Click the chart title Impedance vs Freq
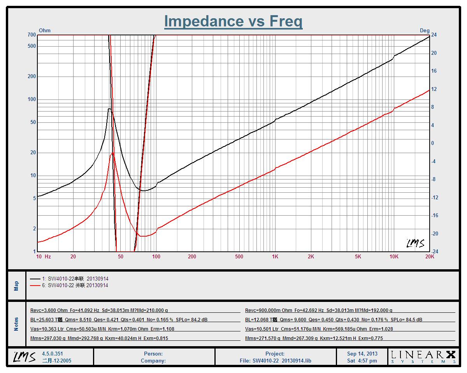(233, 21)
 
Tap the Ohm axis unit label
(45, 30)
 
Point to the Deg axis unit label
(425, 30)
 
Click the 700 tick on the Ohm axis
(32, 35)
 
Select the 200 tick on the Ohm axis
(32, 77)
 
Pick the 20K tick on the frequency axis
(430, 256)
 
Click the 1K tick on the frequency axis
(275, 256)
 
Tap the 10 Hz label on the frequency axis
(43, 256)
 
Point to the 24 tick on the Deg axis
(434, 35)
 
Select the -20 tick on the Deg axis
(435, 234)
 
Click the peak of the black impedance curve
(109, 109)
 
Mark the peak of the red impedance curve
(112, 153)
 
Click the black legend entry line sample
(35, 279)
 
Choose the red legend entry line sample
(35, 285)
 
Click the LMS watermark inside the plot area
(415, 244)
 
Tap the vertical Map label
(16, 286)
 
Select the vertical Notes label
(16, 324)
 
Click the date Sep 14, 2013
(362, 354)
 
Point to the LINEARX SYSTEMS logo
(423, 357)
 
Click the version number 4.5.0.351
(53, 354)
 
